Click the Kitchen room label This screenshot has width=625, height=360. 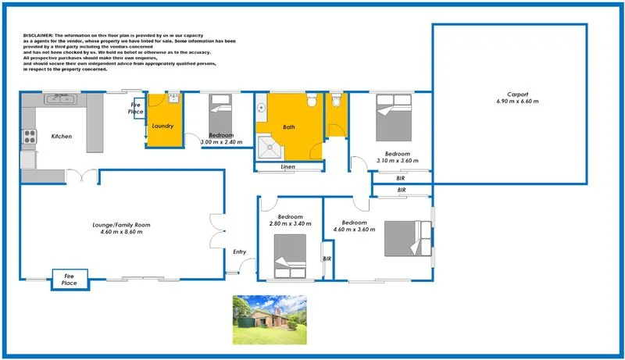[x=61, y=137]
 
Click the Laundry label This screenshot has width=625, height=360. [x=162, y=126]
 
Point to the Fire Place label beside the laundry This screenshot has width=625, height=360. [x=135, y=109]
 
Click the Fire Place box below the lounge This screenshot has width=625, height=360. [x=70, y=279]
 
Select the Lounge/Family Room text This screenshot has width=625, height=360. [x=120, y=225]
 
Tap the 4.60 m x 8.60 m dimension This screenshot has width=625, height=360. [x=120, y=232]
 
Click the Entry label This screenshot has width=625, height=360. [x=240, y=251]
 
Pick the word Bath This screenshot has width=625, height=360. [x=289, y=127]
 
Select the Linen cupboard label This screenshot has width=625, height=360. [x=288, y=167]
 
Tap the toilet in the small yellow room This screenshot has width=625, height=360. [x=337, y=102]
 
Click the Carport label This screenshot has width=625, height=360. [x=517, y=94]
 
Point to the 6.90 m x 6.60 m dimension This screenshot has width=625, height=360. [x=517, y=102]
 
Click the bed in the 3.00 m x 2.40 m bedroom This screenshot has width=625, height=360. [x=219, y=113]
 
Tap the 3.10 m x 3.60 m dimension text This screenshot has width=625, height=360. [x=392, y=160]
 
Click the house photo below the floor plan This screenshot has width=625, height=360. [x=270, y=319]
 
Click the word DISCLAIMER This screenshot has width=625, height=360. [x=38, y=36]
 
